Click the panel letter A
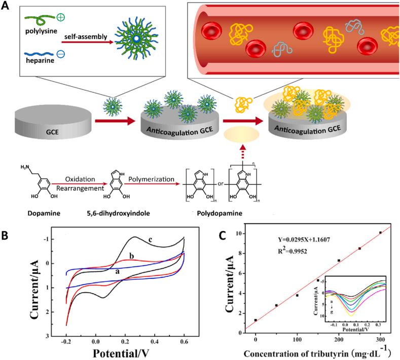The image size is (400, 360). coord(7,7)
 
